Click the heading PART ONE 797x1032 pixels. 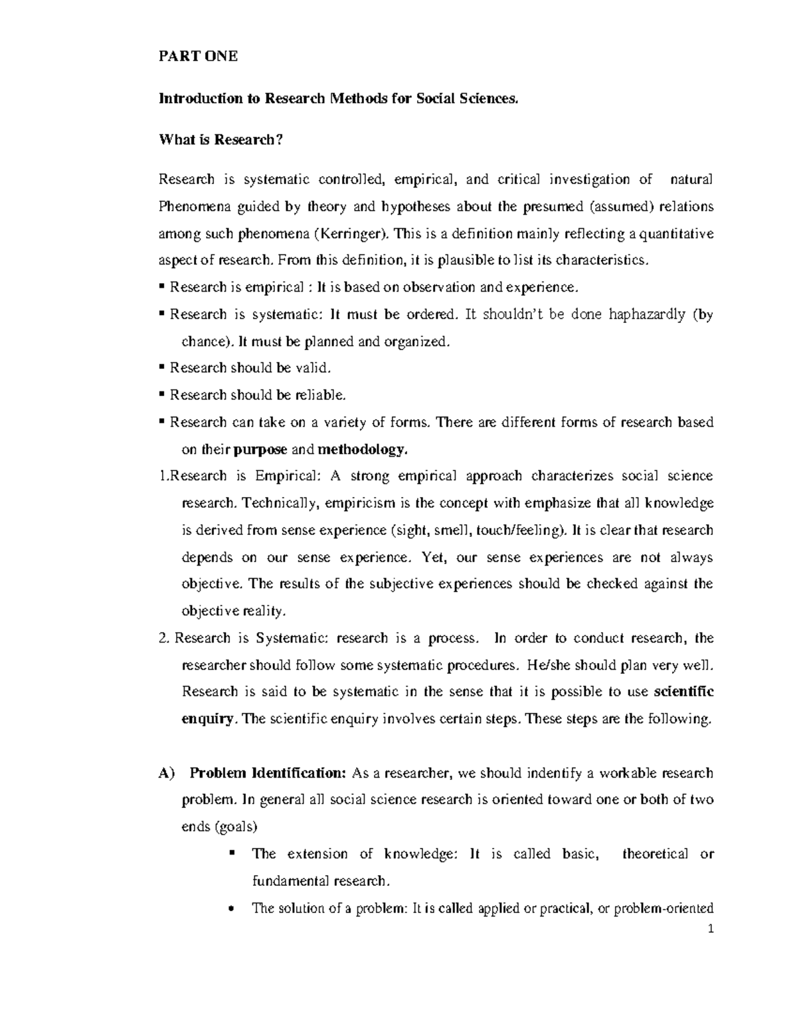(x=197, y=57)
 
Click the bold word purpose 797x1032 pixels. (x=261, y=450)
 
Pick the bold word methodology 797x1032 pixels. (x=361, y=450)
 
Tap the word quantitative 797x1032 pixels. (x=677, y=233)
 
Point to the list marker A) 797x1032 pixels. (x=165, y=773)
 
